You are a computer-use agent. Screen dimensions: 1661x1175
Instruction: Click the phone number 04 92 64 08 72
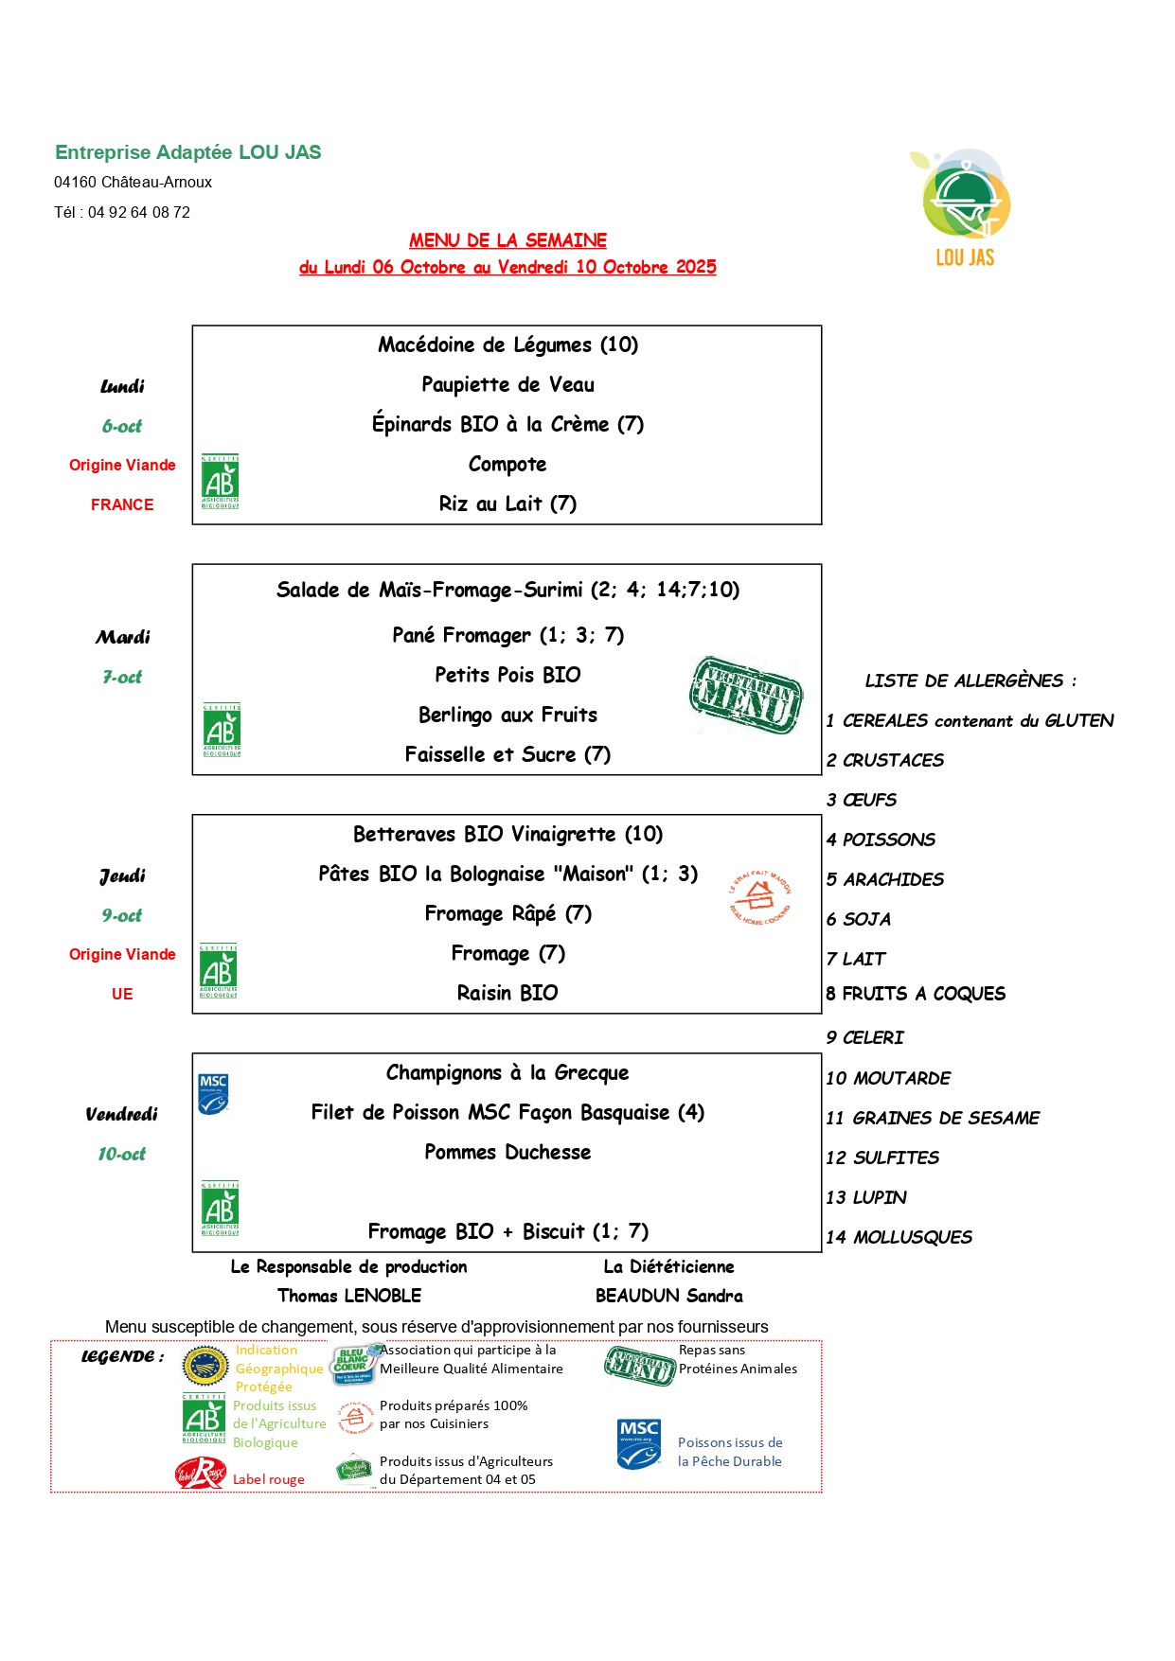[139, 212]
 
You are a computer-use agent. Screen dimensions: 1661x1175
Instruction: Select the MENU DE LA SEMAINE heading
[507, 240]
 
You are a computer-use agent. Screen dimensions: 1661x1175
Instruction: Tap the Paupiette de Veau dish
[507, 384]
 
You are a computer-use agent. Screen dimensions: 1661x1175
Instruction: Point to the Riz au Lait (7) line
[507, 504]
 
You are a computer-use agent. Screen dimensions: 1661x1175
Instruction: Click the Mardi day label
[122, 637]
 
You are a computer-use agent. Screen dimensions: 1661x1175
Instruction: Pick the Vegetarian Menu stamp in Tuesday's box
[746, 695]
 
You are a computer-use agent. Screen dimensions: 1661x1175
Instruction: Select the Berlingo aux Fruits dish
[507, 715]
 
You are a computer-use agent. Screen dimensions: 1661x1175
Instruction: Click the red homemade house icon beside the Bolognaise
[758, 897]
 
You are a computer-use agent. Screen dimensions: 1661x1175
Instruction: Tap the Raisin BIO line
[507, 993]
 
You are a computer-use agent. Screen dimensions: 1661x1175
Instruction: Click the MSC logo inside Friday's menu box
[213, 1093]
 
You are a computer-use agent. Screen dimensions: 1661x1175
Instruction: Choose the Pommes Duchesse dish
[507, 1152]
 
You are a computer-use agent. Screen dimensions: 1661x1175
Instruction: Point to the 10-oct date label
[122, 1154]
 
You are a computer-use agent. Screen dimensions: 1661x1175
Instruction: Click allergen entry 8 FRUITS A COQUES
[915, 994]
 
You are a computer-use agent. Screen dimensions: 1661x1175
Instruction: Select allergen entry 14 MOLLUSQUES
[899, 1237]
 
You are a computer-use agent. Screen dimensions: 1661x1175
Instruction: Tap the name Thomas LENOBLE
[349, 1296]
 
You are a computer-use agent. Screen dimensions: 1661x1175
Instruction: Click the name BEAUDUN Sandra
[668, 1296]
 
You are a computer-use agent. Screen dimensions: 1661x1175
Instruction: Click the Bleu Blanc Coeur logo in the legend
[353, 1364]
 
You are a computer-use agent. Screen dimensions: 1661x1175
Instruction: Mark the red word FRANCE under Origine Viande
[122, 504]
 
